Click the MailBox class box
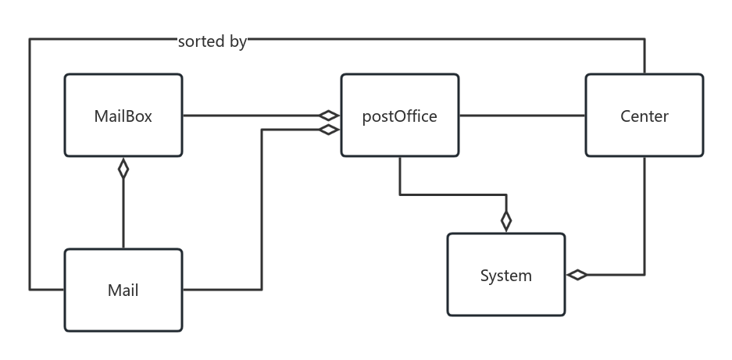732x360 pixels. click(123, 116)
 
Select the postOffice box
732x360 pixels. click(400, 116)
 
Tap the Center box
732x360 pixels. click(645, 116)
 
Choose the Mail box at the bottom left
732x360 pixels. click(123, 290)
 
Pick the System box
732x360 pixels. click(506, 275)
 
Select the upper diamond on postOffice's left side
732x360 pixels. click(329, 116)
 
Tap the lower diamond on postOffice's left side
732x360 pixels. click(329, 130)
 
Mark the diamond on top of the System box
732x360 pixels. click(506, 221)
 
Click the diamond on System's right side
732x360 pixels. click(577, 275)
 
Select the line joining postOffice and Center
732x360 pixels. click(522, 116)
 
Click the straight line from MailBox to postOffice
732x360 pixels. click(250, 116)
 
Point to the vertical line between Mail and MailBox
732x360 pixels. click(123, 215)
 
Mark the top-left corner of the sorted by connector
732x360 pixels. click(30, 39)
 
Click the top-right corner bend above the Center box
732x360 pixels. click(645, 39)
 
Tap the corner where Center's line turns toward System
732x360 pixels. click(645, 275)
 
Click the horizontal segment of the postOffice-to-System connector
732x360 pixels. click(453, 194)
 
